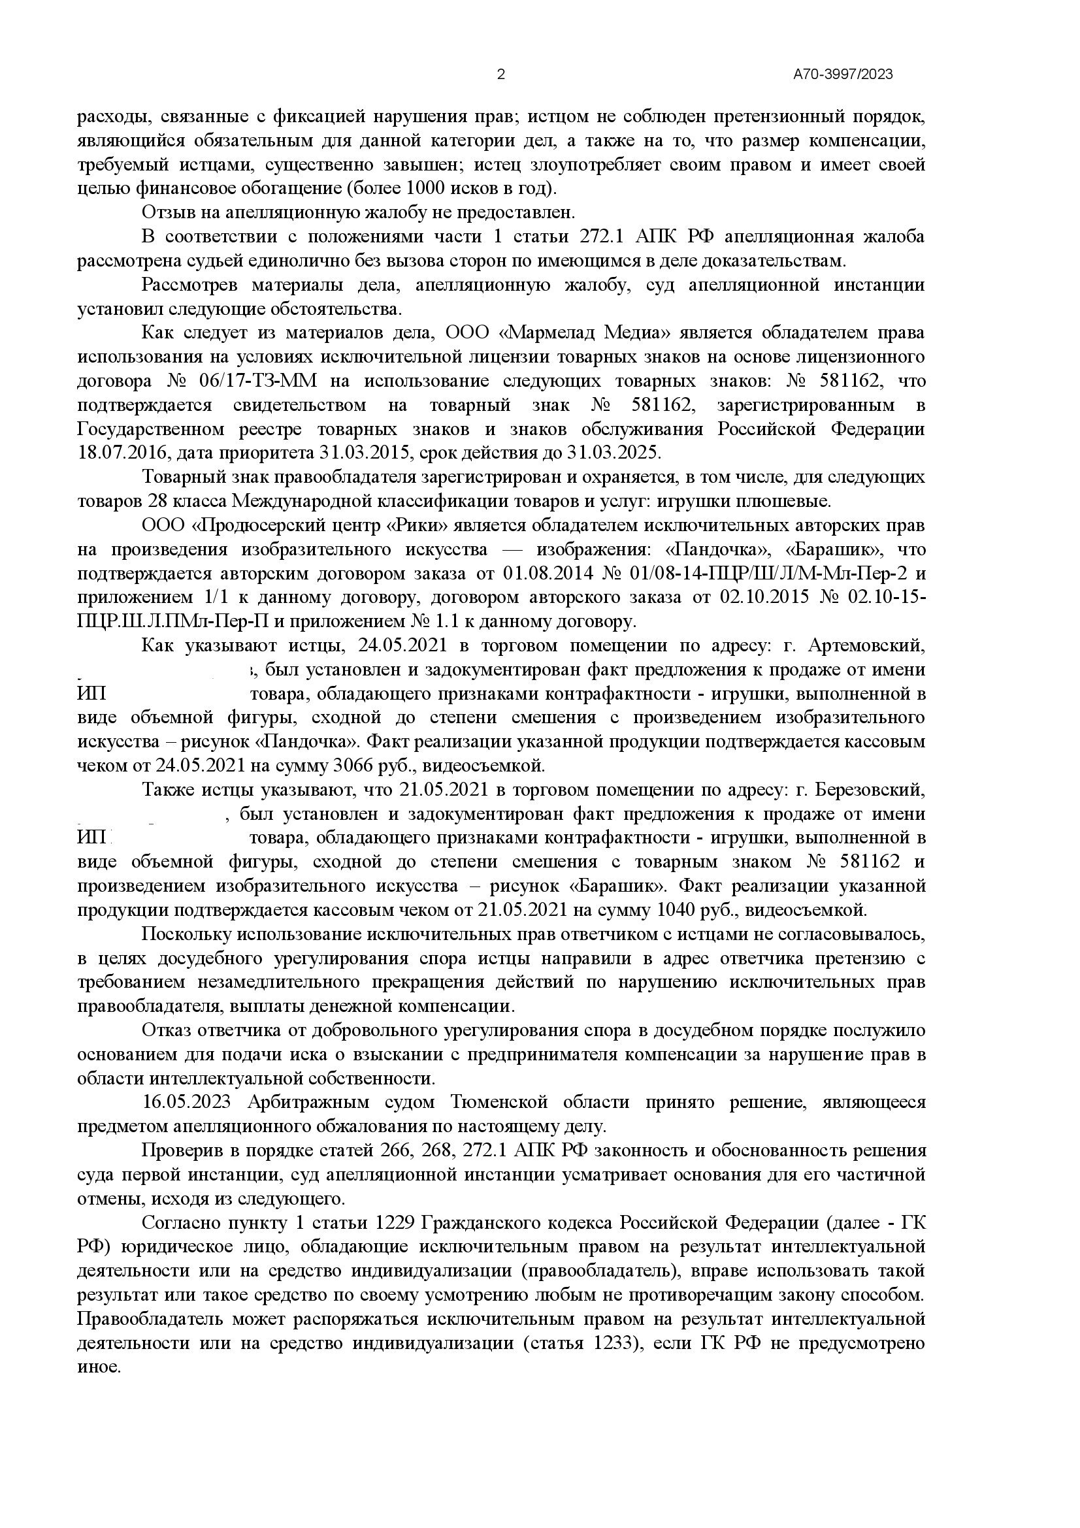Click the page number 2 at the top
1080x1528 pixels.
501,74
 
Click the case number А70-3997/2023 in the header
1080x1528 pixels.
843,74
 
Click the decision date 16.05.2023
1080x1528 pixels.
186,1101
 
